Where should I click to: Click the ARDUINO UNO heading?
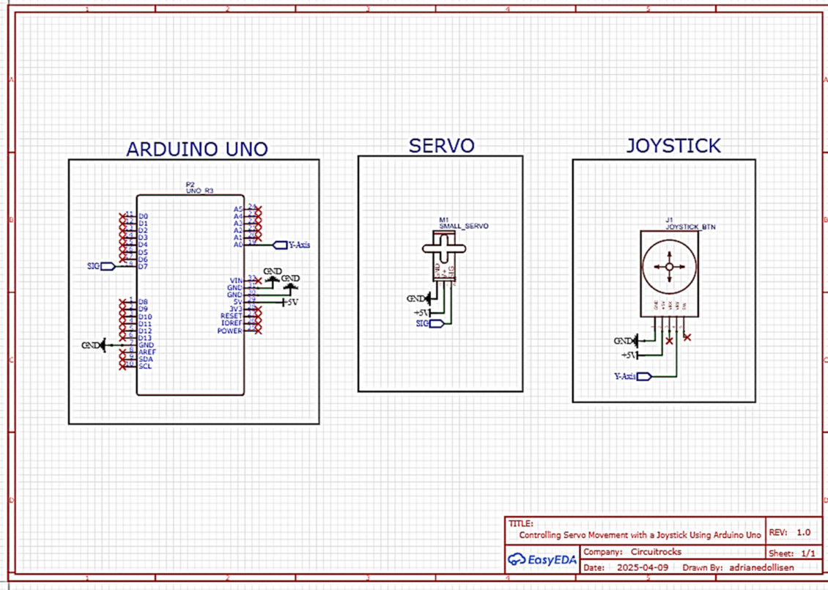(196, 149)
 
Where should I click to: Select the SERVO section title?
(441, 145)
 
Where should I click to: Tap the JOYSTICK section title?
(673, 145)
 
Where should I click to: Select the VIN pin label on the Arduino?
(236, 281)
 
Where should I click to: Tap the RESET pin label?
(231, 316)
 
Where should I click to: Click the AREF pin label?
(147, 352)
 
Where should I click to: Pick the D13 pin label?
(145, 338)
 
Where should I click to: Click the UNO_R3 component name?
(199, 190)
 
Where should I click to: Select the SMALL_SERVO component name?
(463, 226)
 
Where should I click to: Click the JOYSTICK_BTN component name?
(690, 227)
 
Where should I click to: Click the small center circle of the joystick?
(668, 267)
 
